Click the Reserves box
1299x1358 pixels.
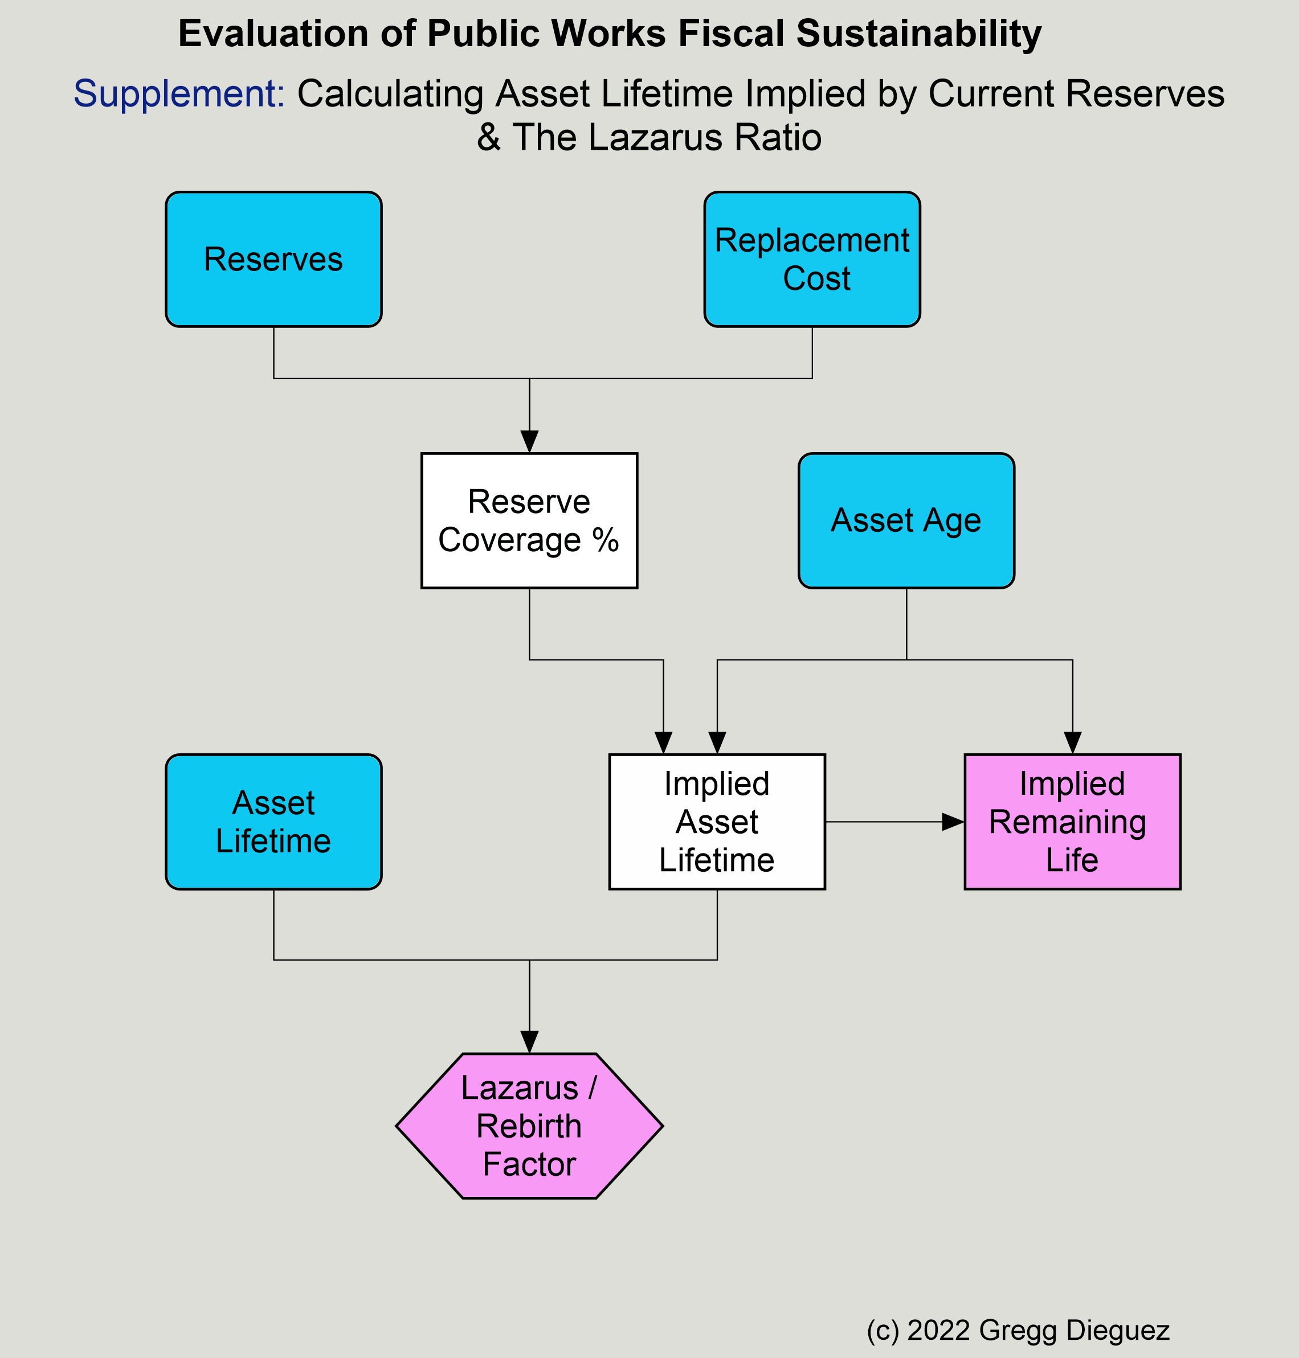tap(273, 260)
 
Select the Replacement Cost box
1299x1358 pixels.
tap(812, 260)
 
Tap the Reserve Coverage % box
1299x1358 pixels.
tap(530, 520)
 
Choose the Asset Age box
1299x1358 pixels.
tap(906, 520)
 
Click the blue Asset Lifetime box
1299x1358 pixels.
tap(273, 822)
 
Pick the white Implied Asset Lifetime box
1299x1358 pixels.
tap(717, 822)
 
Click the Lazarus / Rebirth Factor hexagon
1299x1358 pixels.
tap(530, 1126)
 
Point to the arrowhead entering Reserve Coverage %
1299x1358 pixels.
tap(530, 442)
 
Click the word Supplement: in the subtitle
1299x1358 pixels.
tap(179, 93)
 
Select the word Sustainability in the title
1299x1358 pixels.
tap(919, 33)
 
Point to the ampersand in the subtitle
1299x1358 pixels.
tap(489, 137)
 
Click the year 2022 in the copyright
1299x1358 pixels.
tap(939, 1330)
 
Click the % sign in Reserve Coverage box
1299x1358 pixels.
tap(605, 540)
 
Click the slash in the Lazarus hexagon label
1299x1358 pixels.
tap(591, 1088)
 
